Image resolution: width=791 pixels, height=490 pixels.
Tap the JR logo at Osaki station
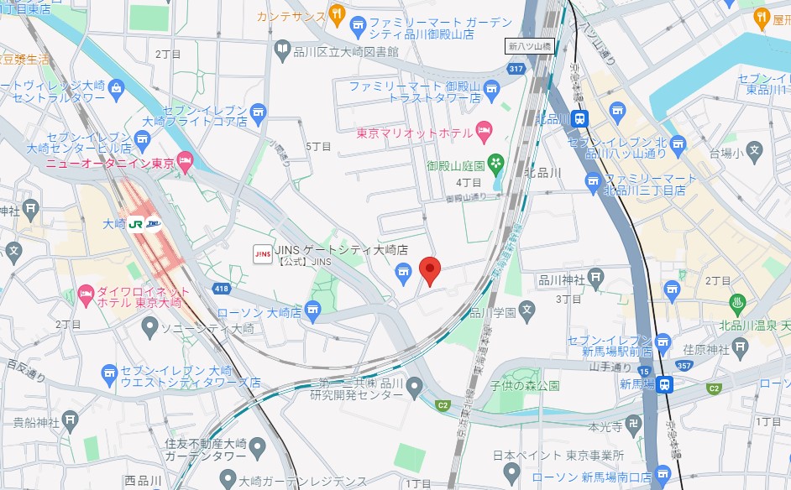135,224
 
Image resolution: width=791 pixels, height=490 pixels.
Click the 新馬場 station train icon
664,384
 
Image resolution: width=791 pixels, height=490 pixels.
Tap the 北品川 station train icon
579,119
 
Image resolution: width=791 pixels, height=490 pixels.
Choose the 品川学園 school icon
526,310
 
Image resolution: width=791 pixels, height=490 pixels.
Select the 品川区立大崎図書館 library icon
283,52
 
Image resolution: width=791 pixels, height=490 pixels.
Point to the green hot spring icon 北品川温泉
739,302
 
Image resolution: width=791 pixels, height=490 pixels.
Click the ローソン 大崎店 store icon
313,313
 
